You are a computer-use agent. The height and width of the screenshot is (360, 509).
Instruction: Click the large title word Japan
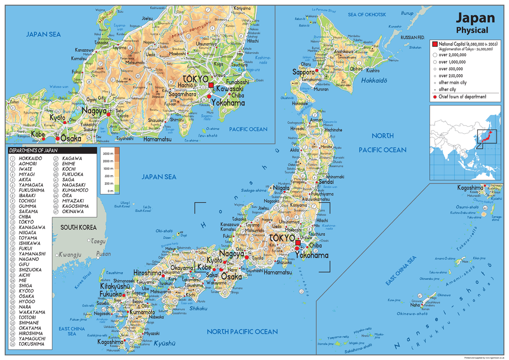475,18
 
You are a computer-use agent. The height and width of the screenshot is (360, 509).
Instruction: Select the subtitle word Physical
472,30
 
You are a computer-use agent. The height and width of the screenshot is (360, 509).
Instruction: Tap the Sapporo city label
303,72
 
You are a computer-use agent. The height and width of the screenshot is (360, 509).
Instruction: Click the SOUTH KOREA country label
78,227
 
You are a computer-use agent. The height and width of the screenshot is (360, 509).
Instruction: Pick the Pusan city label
103,254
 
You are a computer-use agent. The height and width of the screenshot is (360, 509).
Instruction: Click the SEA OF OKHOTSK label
367,14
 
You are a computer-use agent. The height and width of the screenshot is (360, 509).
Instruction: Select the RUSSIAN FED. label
412,38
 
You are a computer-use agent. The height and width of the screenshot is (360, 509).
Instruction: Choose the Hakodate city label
300,103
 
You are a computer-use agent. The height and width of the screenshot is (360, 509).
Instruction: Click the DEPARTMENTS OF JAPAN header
33,150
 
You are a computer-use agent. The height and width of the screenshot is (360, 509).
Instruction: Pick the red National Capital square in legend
434,44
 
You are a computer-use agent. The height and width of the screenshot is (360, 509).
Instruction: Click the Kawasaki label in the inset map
229,89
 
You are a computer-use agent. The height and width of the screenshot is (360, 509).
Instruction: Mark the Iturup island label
407,14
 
